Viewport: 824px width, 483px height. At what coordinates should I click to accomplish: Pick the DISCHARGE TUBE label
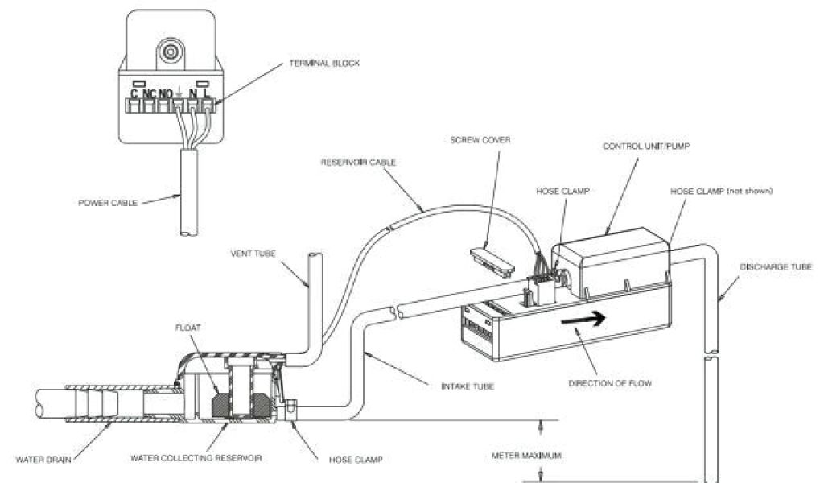tap(777, 266)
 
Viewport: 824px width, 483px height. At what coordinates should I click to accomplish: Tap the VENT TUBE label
tap(253, 253)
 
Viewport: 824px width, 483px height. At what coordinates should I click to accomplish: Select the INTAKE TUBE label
tap(467, 387)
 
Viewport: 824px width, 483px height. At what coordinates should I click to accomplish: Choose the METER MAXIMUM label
tap(526, 456)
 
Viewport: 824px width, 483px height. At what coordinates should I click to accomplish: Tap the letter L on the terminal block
tap(207, 93)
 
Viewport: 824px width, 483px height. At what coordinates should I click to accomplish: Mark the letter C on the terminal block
tap(134, 93)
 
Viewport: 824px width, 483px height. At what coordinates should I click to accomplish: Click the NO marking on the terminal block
tap(165, 93)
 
